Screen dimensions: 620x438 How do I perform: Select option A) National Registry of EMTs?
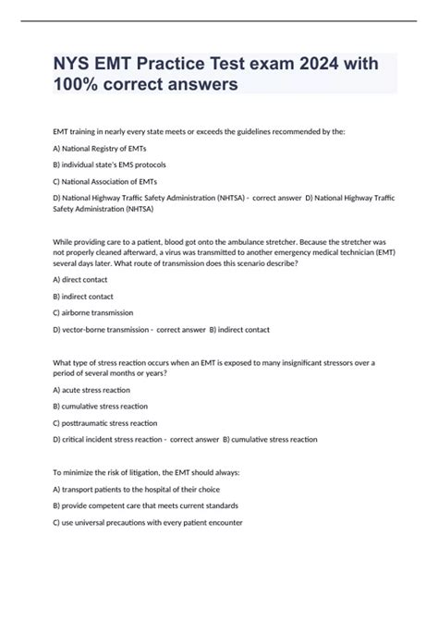100,149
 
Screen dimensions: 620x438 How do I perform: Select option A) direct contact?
85,278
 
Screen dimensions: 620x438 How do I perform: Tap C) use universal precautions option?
148,522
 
